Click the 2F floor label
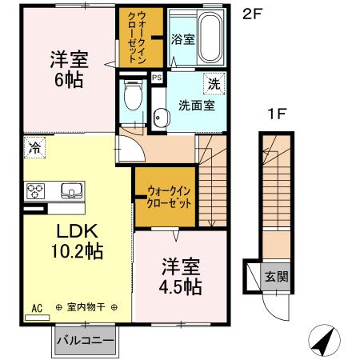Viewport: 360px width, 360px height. [x=252, y=14]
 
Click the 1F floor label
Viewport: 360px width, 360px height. [x=277, y=114]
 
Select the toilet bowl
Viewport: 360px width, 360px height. [x=133, y=98]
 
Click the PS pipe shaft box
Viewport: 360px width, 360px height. [x=156, y=78]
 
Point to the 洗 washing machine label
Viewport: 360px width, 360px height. [x=214, y=83]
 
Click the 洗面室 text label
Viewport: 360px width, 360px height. [x=195, y=104]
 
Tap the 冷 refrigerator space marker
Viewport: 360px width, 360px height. [x=34, y=146]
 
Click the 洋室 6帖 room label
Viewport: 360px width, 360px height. [x=69, y=70]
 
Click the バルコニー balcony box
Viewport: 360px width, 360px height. [x=86, y=340]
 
